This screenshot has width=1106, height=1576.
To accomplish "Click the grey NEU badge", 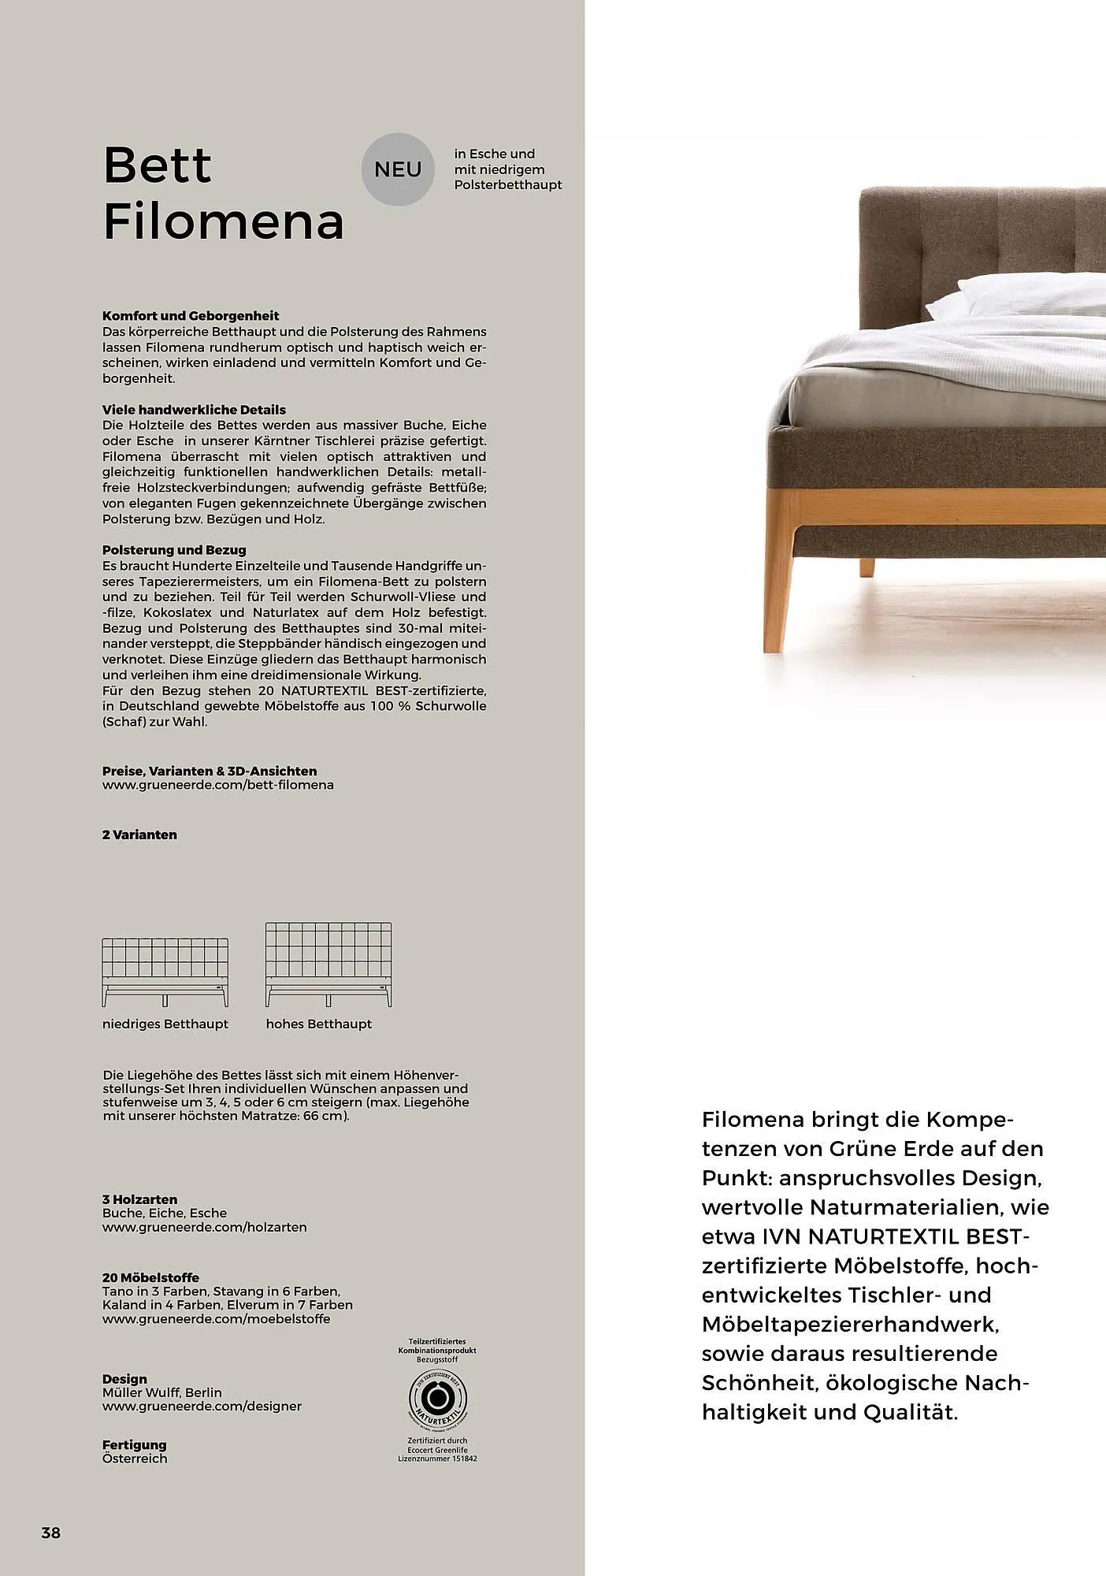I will (398, 169).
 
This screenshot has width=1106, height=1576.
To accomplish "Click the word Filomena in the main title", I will (224, 221).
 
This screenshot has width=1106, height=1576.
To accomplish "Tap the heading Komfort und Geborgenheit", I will (191, 316).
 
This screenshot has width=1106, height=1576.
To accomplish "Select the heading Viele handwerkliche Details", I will (194, 410).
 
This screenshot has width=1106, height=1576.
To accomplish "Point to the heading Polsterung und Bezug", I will (174, 550).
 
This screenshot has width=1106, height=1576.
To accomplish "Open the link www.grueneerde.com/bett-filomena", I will (218, 785).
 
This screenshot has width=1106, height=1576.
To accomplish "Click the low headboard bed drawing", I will (165, 972).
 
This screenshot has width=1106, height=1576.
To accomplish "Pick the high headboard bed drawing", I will (328, 965).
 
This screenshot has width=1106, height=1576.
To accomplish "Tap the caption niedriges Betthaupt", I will (165, 1024).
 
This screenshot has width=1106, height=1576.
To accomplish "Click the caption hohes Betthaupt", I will (319, 1024).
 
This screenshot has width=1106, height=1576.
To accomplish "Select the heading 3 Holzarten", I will (139, 1199).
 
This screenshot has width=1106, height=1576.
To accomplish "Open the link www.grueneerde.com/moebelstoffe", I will (217, 1318).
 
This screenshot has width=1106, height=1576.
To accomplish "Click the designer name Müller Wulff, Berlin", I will (162, 1392).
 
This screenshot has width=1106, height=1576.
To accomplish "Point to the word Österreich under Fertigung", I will (135, 1459).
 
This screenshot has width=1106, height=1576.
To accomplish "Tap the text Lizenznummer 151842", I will (438, 1459).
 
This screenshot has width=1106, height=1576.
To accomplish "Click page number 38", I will (51, 1533).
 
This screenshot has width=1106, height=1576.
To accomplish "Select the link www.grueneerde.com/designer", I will (202, 1406).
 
